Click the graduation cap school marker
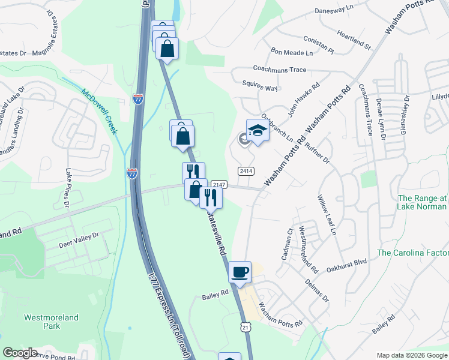(x=258, y=130)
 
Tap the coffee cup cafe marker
(x=240, y=272)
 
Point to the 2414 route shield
(x=246, y=171)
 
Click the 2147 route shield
(x=218, y=185)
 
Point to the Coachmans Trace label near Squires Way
(x=280, y=70)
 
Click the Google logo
(x=20, y=353)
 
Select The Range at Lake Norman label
(x=423, y=202)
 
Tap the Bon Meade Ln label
(x=292, y=53)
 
